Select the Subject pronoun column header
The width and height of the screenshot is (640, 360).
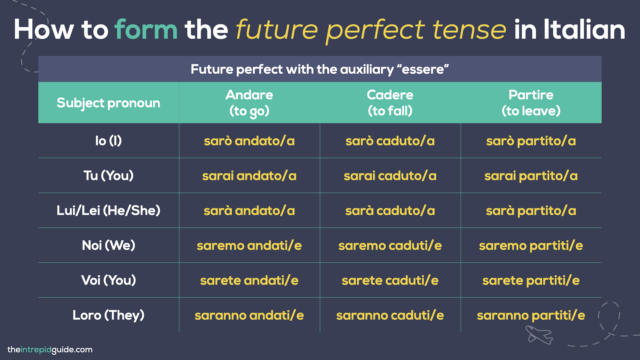point(108,103)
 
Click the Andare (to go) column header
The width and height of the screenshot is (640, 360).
point(249,103)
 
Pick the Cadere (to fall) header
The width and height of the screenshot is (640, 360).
point(390,103)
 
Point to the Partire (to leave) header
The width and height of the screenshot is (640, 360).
point(531,103)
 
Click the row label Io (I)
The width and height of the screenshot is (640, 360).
point(108,141)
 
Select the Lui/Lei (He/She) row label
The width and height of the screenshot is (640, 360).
point(108,210)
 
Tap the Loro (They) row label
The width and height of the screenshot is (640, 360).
point(108,315)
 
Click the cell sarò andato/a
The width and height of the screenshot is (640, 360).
point(249,141)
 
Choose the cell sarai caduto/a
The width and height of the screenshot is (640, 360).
point(390,176)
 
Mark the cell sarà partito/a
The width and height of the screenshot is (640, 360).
point(531,211)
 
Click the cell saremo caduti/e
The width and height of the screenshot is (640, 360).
point(390,246)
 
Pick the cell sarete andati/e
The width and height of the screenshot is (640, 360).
point(249,280)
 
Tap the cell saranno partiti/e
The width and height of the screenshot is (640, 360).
point(531,315)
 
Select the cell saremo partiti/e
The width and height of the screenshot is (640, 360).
point(531,246)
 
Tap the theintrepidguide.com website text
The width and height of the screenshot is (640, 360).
point(50,350)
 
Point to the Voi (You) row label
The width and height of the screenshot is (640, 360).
point(108,280)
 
